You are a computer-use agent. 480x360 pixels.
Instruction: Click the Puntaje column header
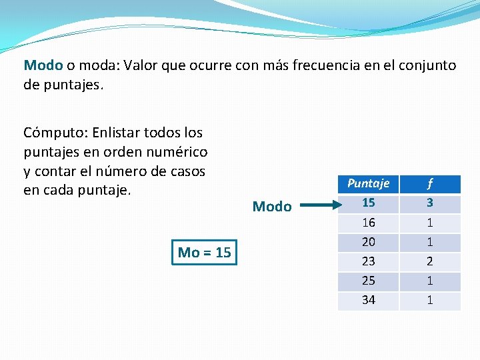click(x=368, y=183)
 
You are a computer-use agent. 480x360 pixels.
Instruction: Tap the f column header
click(x=430, y=183)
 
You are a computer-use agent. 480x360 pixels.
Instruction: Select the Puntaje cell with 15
click(x=368, y=203)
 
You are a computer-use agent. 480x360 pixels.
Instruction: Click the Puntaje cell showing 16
click(x=368, y=222)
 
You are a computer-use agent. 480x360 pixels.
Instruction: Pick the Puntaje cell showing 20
click(x=368, y=241)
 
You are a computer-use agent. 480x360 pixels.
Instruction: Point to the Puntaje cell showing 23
click(x=368, y=261)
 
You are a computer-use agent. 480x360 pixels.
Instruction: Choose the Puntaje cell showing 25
click(x=368, y=281)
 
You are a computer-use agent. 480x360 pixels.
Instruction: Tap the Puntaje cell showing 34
click(x=368, y=300)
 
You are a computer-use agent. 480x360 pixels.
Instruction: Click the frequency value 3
click(x=430, y=203)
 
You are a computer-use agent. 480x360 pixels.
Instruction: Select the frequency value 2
click(x=430, y=261)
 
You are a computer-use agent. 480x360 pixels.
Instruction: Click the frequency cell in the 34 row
click(x=430, y=300)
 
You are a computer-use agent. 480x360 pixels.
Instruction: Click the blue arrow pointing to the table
click(x=316, y=206)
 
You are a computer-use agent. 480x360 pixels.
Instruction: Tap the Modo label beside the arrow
click(x=272, y=207)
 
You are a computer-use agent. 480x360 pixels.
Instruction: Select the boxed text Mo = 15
click(x=205, y=252)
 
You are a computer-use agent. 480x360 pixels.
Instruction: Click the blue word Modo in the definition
click(x=43, y=65)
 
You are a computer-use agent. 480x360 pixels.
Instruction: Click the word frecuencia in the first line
click(x=317, y=65)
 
